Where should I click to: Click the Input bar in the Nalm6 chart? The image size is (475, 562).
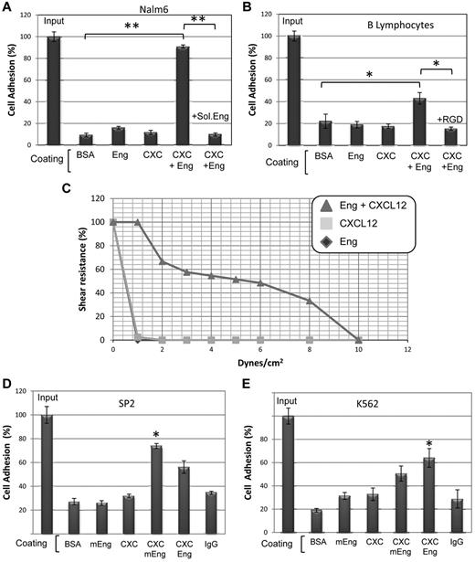tap(54, 90)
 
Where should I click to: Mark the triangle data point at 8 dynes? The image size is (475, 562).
tap(310, 300)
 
